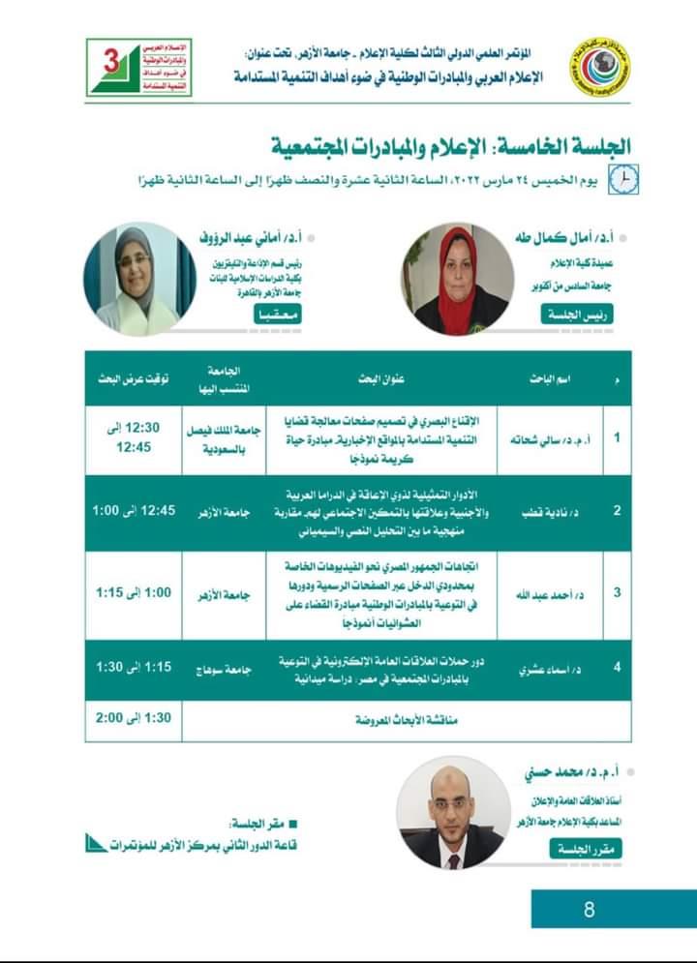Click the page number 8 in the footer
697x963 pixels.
tap(589, 910)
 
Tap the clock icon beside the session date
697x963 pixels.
tap(628, 180)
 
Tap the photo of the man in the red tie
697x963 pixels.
tap(452, 812)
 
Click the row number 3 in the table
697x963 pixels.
tap(618, 592)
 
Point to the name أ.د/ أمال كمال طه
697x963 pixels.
tap(569, 236)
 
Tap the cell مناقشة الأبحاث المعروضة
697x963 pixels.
tap(387, 720)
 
